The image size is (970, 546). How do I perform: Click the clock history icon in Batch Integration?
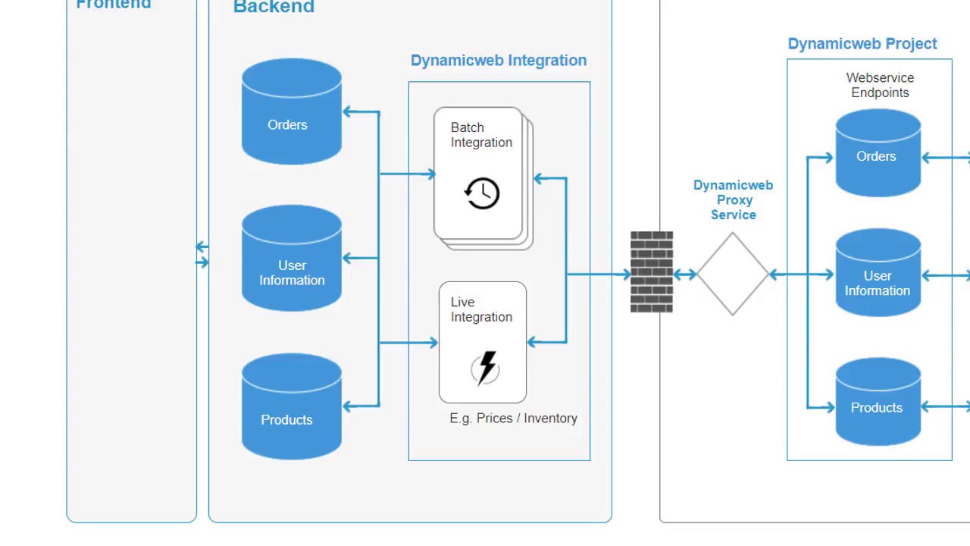coord(482,193)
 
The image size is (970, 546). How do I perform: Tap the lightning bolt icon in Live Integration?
coord(486,369)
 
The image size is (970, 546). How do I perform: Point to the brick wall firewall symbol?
coord(652,272)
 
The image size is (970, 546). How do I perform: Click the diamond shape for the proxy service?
coord(733,274)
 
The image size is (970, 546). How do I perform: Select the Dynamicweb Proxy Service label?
coord(733,200)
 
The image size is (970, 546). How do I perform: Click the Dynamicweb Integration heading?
coord(498,61)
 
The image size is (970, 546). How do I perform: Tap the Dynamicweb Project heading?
coord(862,44)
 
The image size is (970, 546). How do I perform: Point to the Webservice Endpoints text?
coord(880,85)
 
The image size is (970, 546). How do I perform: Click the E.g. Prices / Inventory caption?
coord(513,419)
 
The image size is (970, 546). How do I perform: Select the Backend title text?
coord(274,8)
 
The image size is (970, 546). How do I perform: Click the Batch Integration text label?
coord(481,135)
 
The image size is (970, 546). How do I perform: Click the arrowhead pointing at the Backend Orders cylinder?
coord(348,112)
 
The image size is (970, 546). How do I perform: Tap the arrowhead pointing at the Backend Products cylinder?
coord(348,406)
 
